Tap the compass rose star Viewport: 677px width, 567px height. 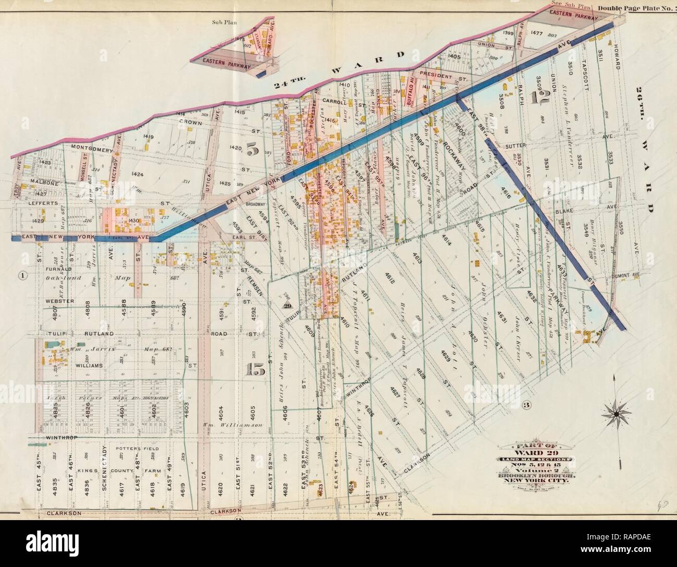tap(617, 414)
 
